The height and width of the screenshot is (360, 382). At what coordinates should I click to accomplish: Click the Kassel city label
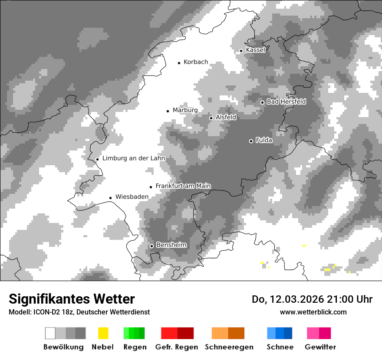pyautogui.click(x=255, y=50)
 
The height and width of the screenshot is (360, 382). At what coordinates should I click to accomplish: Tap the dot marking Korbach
pyautogui.click(x=179, y=63)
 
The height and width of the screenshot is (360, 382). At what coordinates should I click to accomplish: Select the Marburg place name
pyautogui.click(x=185, y=110)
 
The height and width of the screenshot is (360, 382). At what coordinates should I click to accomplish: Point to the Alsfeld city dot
pyautogui.click(x=211, y=118)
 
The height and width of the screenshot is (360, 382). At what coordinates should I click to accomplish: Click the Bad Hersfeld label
pyautogui.click(x=286, y=102)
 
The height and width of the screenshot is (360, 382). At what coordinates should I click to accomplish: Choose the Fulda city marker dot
pyautogui.click(x=251, y=141)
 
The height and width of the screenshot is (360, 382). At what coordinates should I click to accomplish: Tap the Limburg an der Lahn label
pyautogui.click(x=133, y=158)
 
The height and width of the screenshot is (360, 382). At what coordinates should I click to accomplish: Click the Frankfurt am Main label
pyautogui.click(x=183, y=186)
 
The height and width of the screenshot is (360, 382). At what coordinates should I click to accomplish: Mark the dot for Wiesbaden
pyautogui.click(x=111, y=198)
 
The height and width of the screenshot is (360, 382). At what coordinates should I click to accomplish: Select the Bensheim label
pyautogui.click(x=171, y=245)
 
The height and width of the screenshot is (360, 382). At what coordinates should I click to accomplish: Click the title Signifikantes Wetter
pyautogui.click(x=72, y=299)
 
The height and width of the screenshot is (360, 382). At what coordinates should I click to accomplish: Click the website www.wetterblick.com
pyautogui.click(x=313, y=312)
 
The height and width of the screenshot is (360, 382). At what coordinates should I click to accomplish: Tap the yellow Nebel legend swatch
pyautogui.click(x=103, y=333)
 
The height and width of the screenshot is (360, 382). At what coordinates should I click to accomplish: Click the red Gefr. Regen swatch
pyautogui.click(x=177, y=333)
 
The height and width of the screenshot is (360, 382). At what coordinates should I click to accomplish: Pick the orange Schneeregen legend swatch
pyautogui.click(x=228, y=333)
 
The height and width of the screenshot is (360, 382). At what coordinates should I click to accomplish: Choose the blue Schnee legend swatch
pyautogui.click(x=280, y=333)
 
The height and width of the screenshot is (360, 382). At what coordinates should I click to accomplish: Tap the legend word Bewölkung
pyautogui.click(x=63, y=347)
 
